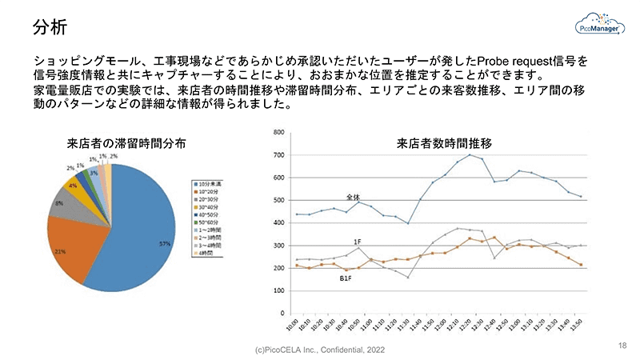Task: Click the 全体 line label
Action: point(353,197)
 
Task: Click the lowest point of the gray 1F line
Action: point(408,278)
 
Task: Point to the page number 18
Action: point(622,345)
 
